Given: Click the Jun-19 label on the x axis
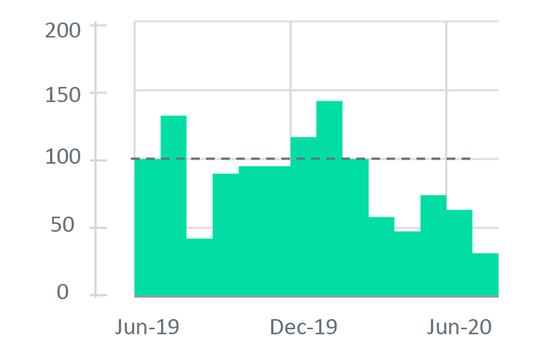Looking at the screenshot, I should click(x=147, y=327).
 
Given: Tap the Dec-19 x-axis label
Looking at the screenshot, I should click(x=303, y=327).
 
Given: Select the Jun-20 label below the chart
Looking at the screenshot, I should click(x=459, y=327).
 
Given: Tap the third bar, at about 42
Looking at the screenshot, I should click(x=199, y=267).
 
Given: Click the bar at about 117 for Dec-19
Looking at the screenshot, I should click(x=303, y=217).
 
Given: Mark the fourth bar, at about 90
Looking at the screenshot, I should click(x=225, y=235).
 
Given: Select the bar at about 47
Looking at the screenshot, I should click(x=407, y=264).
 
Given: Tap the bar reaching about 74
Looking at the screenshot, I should click(x=433, y=246).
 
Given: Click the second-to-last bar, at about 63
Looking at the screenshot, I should click(x=459, y=253).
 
